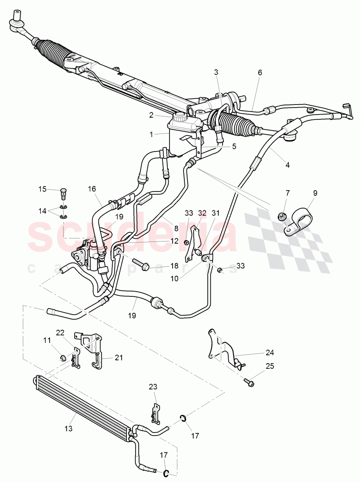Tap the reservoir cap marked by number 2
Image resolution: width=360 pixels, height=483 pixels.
click(x=180, y=117)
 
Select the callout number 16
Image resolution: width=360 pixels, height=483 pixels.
click(x=91, y=189)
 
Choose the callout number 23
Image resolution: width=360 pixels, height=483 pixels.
click(x=152, y=387)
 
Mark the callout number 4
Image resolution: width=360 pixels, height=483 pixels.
click(x=287, y=165)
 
